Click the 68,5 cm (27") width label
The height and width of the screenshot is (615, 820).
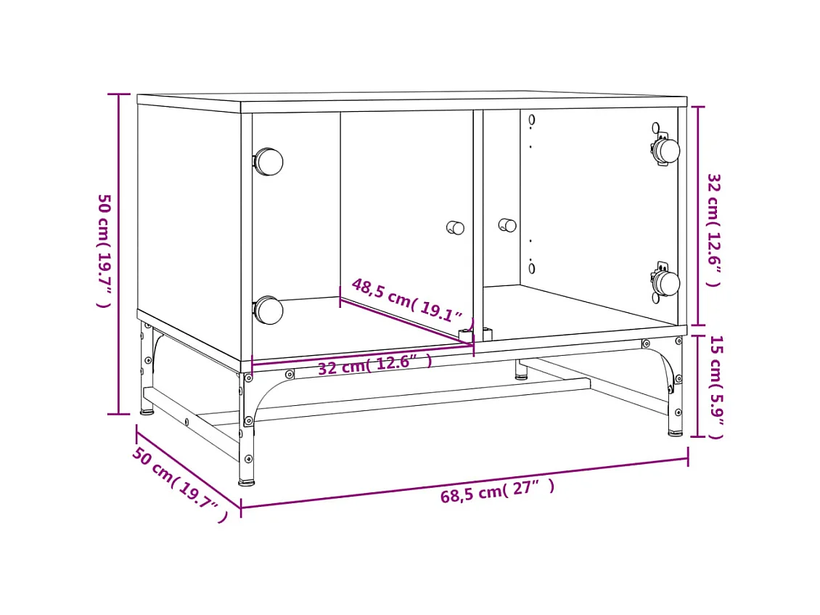[x=497, y=492]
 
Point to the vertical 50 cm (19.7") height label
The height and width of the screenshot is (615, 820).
[x=105, y=250]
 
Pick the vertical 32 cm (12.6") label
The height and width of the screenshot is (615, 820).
[x=714, y=229]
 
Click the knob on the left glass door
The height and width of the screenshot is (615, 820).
[x=456, y=227]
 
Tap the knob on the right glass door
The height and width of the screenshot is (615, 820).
[x=507, y=225]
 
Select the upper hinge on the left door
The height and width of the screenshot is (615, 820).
[x=268, y=161]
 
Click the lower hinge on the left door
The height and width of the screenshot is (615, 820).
[x=268, y=310]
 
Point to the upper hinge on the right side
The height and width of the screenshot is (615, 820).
[x=665, y=150]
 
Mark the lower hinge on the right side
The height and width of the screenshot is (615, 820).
[x=665, y=282]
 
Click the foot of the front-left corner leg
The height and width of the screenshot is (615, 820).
[x=247, y=481]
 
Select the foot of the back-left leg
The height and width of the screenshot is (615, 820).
[x=147, y=412]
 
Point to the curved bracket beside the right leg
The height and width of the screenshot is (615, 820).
[x=664, y=363]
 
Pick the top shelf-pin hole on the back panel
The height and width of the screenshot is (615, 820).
[x=532, y=120]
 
